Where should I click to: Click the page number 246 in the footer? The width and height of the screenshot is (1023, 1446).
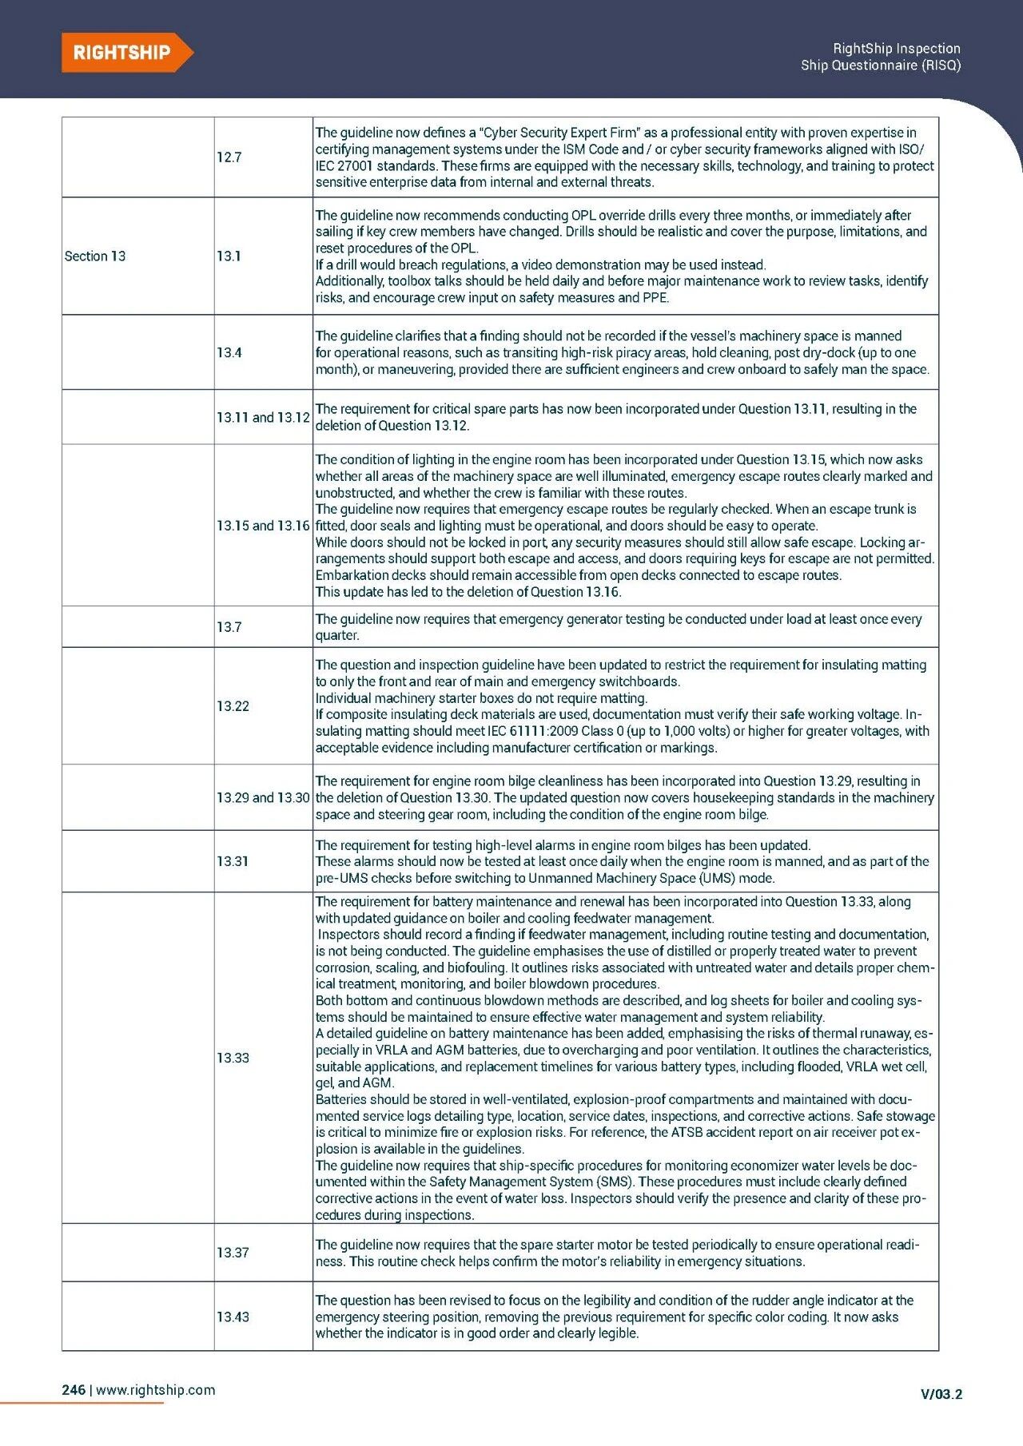coord(74,1389)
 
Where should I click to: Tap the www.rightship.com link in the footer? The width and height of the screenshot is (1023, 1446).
coord(156,1389)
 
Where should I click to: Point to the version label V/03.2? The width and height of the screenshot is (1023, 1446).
coord(941,1394)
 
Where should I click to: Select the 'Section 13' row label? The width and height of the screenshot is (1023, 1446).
coord(95,256)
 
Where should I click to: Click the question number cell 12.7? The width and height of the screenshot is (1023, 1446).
coord(229,157)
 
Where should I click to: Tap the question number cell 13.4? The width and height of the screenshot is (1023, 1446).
coord(229,352)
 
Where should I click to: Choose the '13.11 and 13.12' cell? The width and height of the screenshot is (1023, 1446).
coord(263,417)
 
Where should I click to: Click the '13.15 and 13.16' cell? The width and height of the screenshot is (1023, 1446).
coord(263,526)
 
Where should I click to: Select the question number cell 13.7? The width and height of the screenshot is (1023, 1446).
coord(229,627)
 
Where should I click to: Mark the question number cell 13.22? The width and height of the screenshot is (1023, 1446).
coord(233,706)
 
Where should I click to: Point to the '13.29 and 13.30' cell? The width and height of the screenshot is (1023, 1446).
coord(263,797)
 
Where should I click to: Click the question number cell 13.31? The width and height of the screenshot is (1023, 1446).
coord(233,861)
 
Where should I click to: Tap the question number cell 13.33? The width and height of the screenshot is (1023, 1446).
coord(233,1058)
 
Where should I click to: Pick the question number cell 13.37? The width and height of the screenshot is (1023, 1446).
coord(233,1253)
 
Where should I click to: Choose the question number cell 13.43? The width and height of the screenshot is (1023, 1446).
coord(233,1317)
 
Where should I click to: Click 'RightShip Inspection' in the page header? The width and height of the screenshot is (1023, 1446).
coord(896,49)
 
